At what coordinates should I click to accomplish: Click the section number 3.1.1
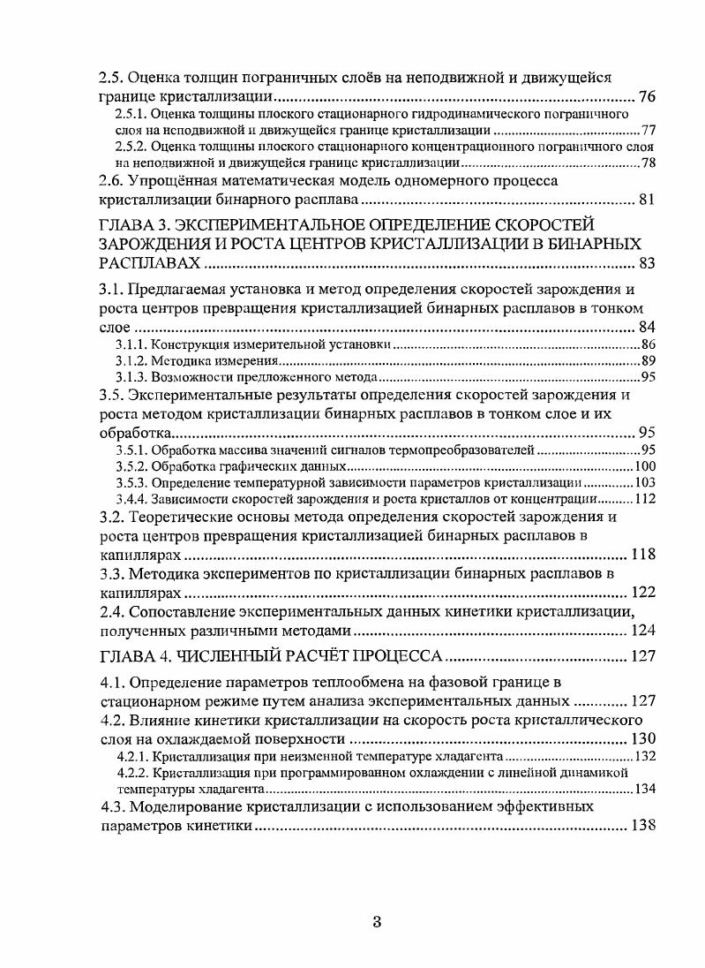[131, 344]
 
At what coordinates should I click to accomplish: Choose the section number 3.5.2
[131, 466]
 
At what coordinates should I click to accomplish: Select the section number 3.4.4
[131, 499]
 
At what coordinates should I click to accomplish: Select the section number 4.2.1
[131, 757]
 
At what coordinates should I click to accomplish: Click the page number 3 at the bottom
[376, 924]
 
